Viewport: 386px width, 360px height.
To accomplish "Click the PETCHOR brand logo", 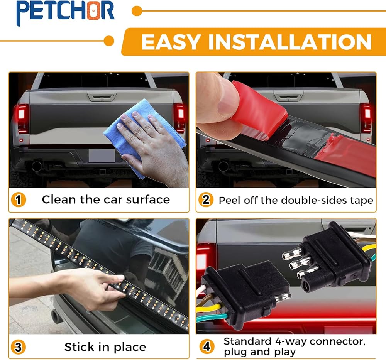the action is click(x=65, y=12).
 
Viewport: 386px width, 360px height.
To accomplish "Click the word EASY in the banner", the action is click(x=170, y=42).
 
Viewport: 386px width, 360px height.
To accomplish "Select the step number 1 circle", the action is click(x=19, y=200).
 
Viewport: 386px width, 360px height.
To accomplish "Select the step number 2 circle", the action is click(x=206, y=199).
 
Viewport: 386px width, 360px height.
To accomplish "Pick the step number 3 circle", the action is click(x=18, y=347).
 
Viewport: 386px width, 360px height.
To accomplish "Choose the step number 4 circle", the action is click(x=207, y=346).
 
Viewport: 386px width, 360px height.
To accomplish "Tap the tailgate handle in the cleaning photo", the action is click(x=102, y=96).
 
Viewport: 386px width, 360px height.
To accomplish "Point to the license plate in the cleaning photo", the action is click(x=102, y=156).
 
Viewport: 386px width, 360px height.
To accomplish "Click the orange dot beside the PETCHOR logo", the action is click(x=137, y=11).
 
